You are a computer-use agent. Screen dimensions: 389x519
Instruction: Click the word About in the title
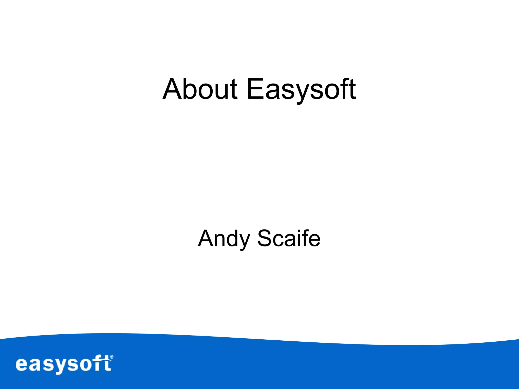pos(200,89)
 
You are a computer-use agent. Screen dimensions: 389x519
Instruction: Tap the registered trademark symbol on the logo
pos(112,357)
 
